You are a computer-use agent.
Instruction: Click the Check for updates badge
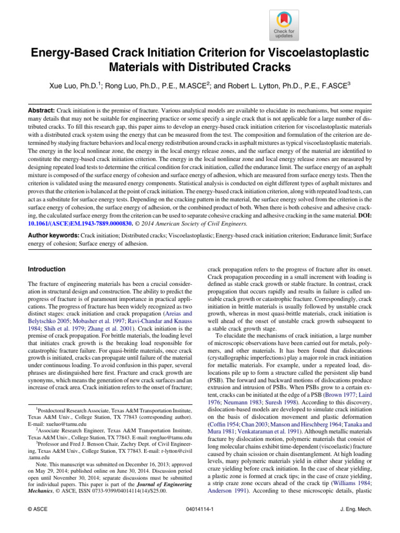pos(283,24)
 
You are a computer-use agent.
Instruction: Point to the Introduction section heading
pos(46,269)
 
